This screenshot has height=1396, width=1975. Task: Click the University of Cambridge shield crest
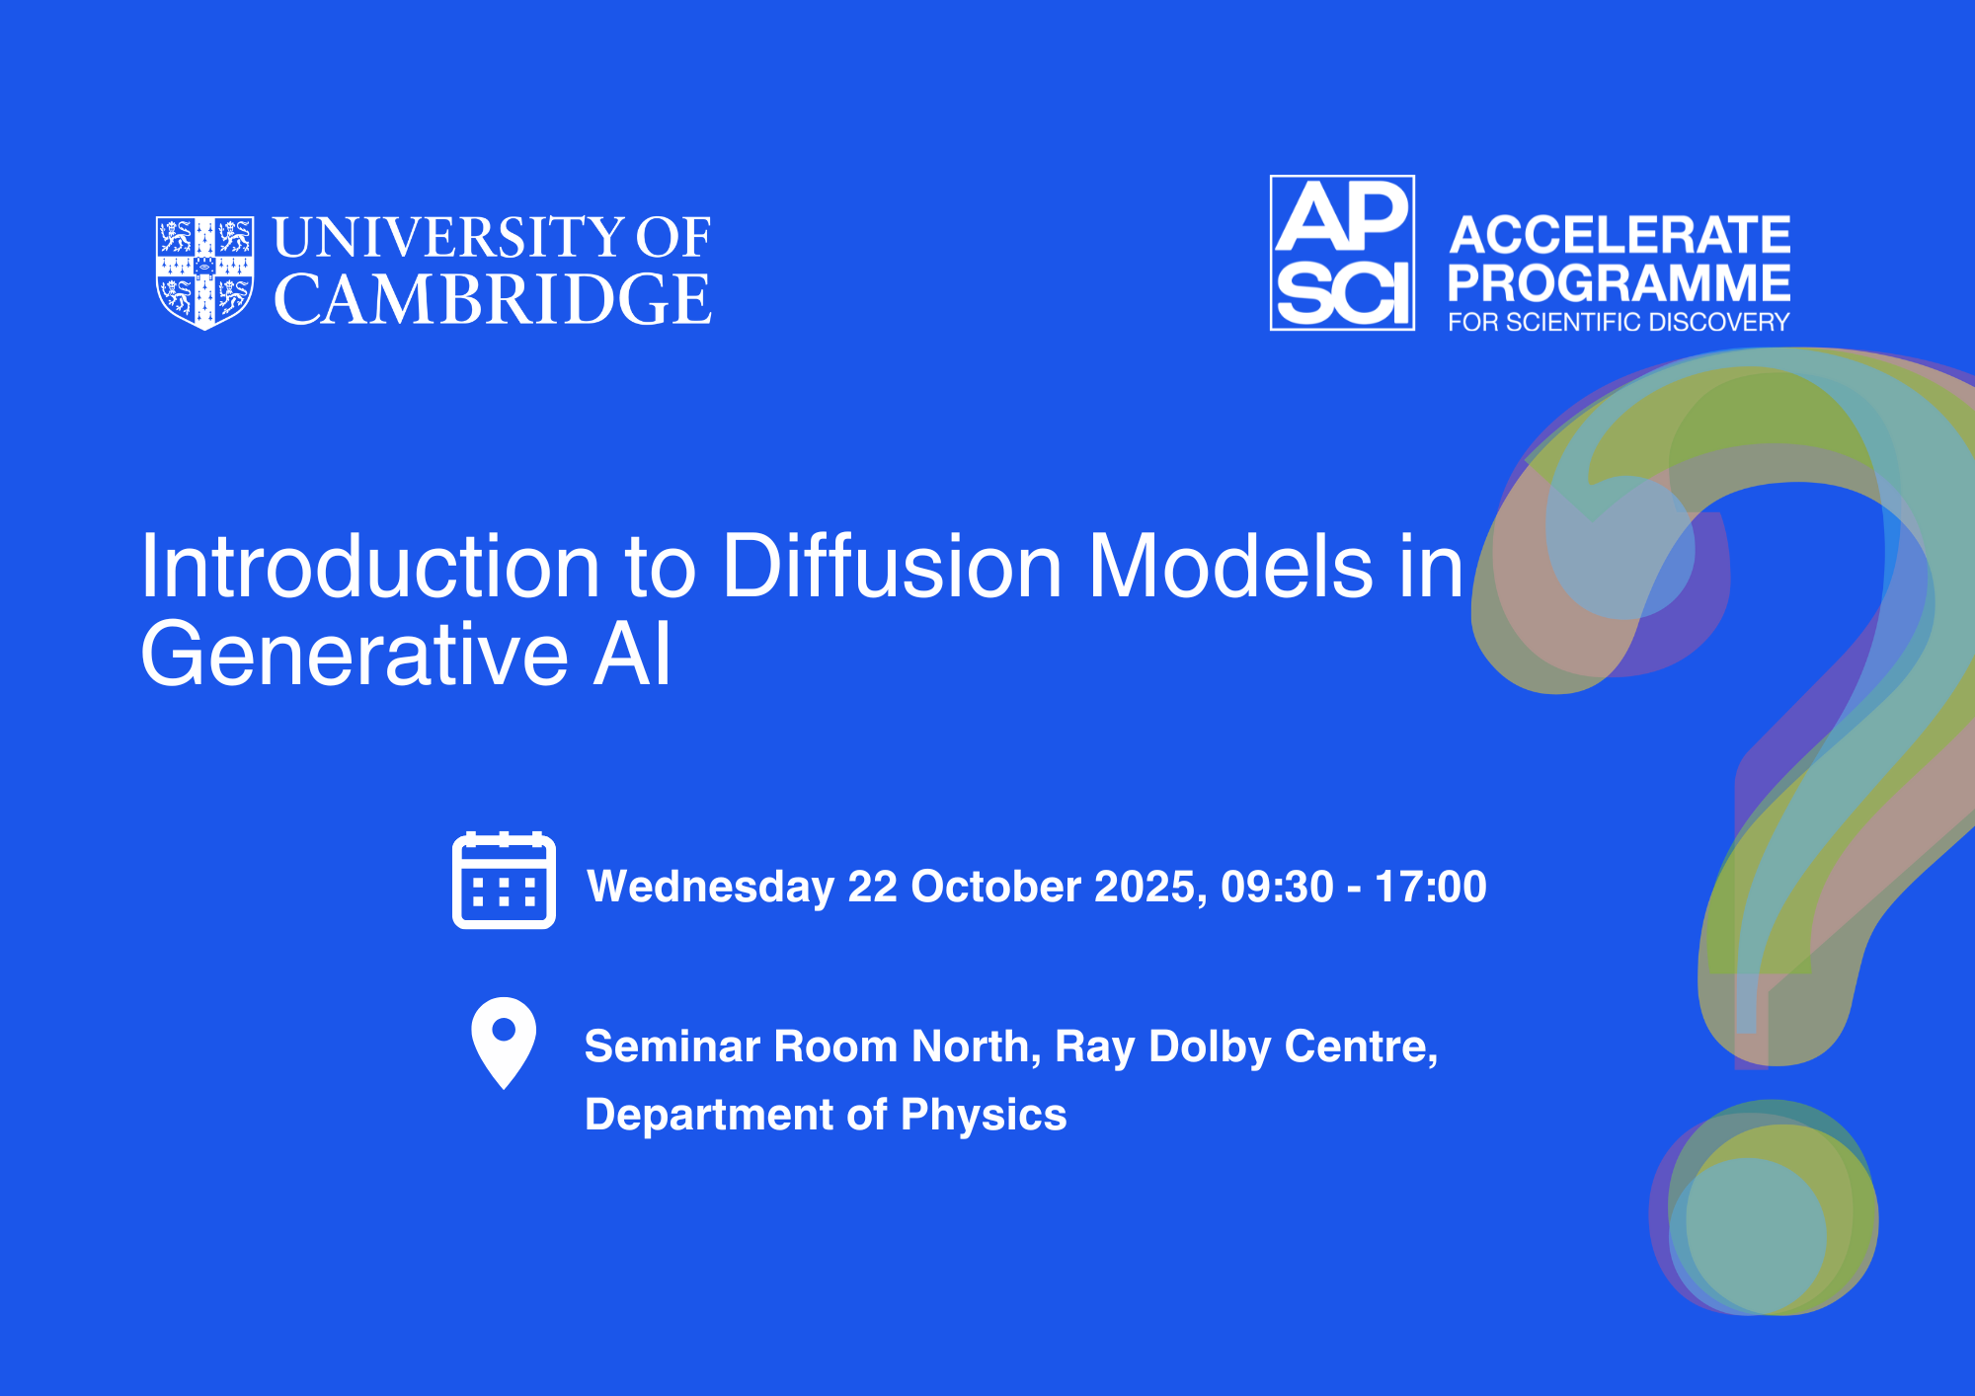click(204, 272)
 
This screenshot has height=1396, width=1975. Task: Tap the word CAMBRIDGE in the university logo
click(492, 299)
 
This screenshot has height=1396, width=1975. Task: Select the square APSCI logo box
click(1342, 253)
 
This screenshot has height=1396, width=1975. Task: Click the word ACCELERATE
click(1619, 235)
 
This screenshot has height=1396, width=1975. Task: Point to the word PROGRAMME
click(1619, 283)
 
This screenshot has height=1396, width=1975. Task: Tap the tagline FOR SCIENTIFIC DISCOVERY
click(1619, 322)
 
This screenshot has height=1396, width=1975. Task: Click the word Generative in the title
click(355, 654)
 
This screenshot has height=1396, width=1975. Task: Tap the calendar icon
click(504, 881)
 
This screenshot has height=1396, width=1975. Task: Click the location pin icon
click(504, 1043)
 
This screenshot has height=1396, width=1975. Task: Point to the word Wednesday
click(711, 887)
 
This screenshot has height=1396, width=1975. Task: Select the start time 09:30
click(1277, 887)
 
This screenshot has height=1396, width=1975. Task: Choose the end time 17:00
click(1431, 887)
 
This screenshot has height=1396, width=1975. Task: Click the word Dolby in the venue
click(1210, 1047)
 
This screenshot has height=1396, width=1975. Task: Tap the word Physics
click(984, 1116)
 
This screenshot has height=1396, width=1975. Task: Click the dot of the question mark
click(1764, 1207)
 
